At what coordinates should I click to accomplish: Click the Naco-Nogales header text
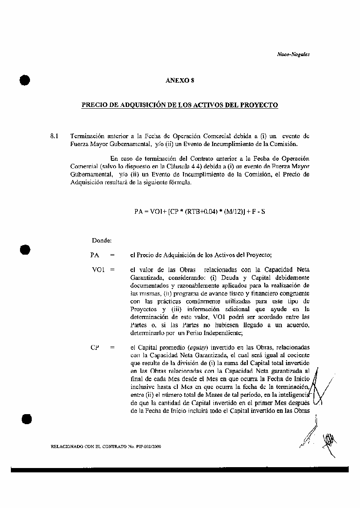click(x=293, y=54)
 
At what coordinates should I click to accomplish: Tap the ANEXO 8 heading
click(x=180, y=80)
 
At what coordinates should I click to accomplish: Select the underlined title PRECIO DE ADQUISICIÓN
click(x=180, y=105)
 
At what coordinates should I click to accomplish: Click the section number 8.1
click(x=55, y=136)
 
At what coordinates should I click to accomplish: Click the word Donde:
click(x=102, y=240)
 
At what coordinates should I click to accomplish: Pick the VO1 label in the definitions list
click(x=98, y=269)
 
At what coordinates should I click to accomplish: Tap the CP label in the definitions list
click(x=94, y=347)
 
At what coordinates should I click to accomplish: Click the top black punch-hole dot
click(x=25, y=80)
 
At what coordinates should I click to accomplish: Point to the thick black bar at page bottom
click(x=180, y=469)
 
